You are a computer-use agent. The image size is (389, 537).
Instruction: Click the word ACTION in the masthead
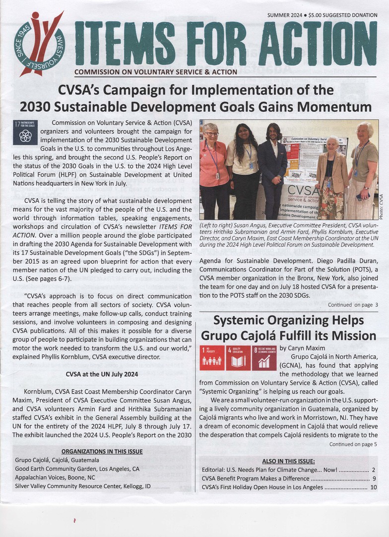318,44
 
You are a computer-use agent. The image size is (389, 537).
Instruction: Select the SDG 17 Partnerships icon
25,132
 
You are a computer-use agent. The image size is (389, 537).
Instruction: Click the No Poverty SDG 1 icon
212,358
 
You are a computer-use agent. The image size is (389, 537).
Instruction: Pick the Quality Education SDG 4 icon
238,358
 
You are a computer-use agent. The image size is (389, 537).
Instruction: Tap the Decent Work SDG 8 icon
264,358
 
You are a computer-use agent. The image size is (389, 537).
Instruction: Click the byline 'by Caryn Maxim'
302,348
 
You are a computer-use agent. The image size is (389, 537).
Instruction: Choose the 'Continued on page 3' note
353,305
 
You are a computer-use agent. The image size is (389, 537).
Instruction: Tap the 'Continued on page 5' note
353,444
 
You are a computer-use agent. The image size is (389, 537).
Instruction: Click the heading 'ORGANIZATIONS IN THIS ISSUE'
102,451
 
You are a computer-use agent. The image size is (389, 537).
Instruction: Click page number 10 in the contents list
373,487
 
